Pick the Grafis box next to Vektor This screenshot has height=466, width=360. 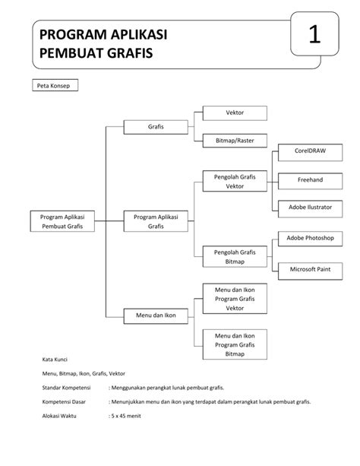156,126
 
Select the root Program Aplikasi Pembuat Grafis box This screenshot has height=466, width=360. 62,221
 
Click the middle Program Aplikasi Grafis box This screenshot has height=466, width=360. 156,221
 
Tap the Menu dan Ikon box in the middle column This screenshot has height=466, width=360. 156,315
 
